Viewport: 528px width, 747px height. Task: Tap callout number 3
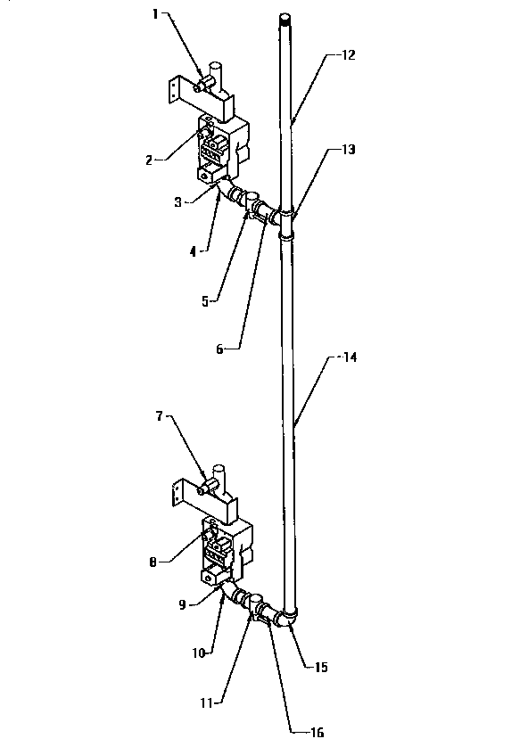(179, 202)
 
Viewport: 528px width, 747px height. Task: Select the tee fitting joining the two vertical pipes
(285, 223)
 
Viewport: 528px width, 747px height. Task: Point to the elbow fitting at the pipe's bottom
(286, 618)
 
